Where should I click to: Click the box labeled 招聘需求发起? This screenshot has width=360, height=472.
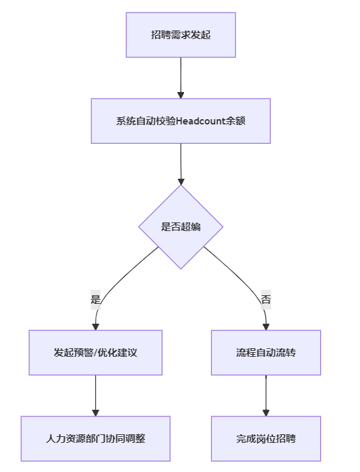(181, 35)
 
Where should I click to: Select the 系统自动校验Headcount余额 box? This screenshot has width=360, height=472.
(181, 121)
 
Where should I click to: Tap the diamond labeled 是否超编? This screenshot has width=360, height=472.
(181, 226)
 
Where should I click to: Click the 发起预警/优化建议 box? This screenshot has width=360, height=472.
(95, 352)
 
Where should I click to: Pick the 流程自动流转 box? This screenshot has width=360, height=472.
(266, 352)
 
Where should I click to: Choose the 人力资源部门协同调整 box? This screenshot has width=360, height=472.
(95, 439)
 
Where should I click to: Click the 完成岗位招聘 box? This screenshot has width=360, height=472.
(266, 439)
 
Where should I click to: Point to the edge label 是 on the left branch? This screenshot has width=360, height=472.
(95, 299)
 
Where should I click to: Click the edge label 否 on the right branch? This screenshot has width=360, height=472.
(266, 299)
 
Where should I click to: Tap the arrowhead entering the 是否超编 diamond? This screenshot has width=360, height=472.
(181, 181)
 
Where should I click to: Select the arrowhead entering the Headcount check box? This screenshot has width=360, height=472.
(181, 95)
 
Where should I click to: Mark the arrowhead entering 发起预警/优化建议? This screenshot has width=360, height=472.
(95, 327)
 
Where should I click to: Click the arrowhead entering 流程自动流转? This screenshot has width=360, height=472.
(266, 327)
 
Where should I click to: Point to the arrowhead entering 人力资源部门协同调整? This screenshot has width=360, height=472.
(95, 413)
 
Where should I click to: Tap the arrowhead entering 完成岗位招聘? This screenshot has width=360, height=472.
(266, 413)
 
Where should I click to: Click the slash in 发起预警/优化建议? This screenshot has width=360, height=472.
(95, 352)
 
